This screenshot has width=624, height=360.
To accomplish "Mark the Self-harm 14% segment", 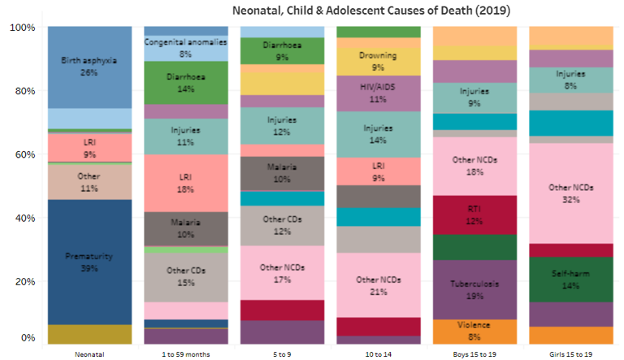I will [561, 280].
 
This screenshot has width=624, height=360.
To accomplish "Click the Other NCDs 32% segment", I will [561, 193].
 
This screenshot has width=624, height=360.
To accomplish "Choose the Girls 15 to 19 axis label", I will [561, 353].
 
